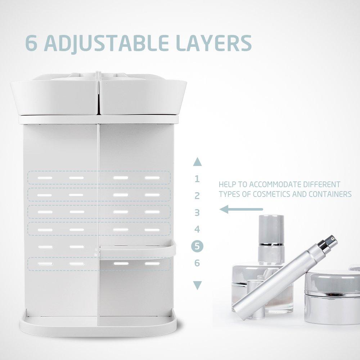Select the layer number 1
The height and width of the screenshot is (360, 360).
coord(197,179)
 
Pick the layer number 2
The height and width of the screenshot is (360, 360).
coord(197,196)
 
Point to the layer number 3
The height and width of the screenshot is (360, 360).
coord(197,213)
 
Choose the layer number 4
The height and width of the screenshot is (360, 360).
coord(197,229)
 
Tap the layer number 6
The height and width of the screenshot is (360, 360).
coord(197,263)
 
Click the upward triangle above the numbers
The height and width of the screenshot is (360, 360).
coord(197,162)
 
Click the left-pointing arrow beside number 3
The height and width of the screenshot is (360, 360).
coord(241,209)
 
